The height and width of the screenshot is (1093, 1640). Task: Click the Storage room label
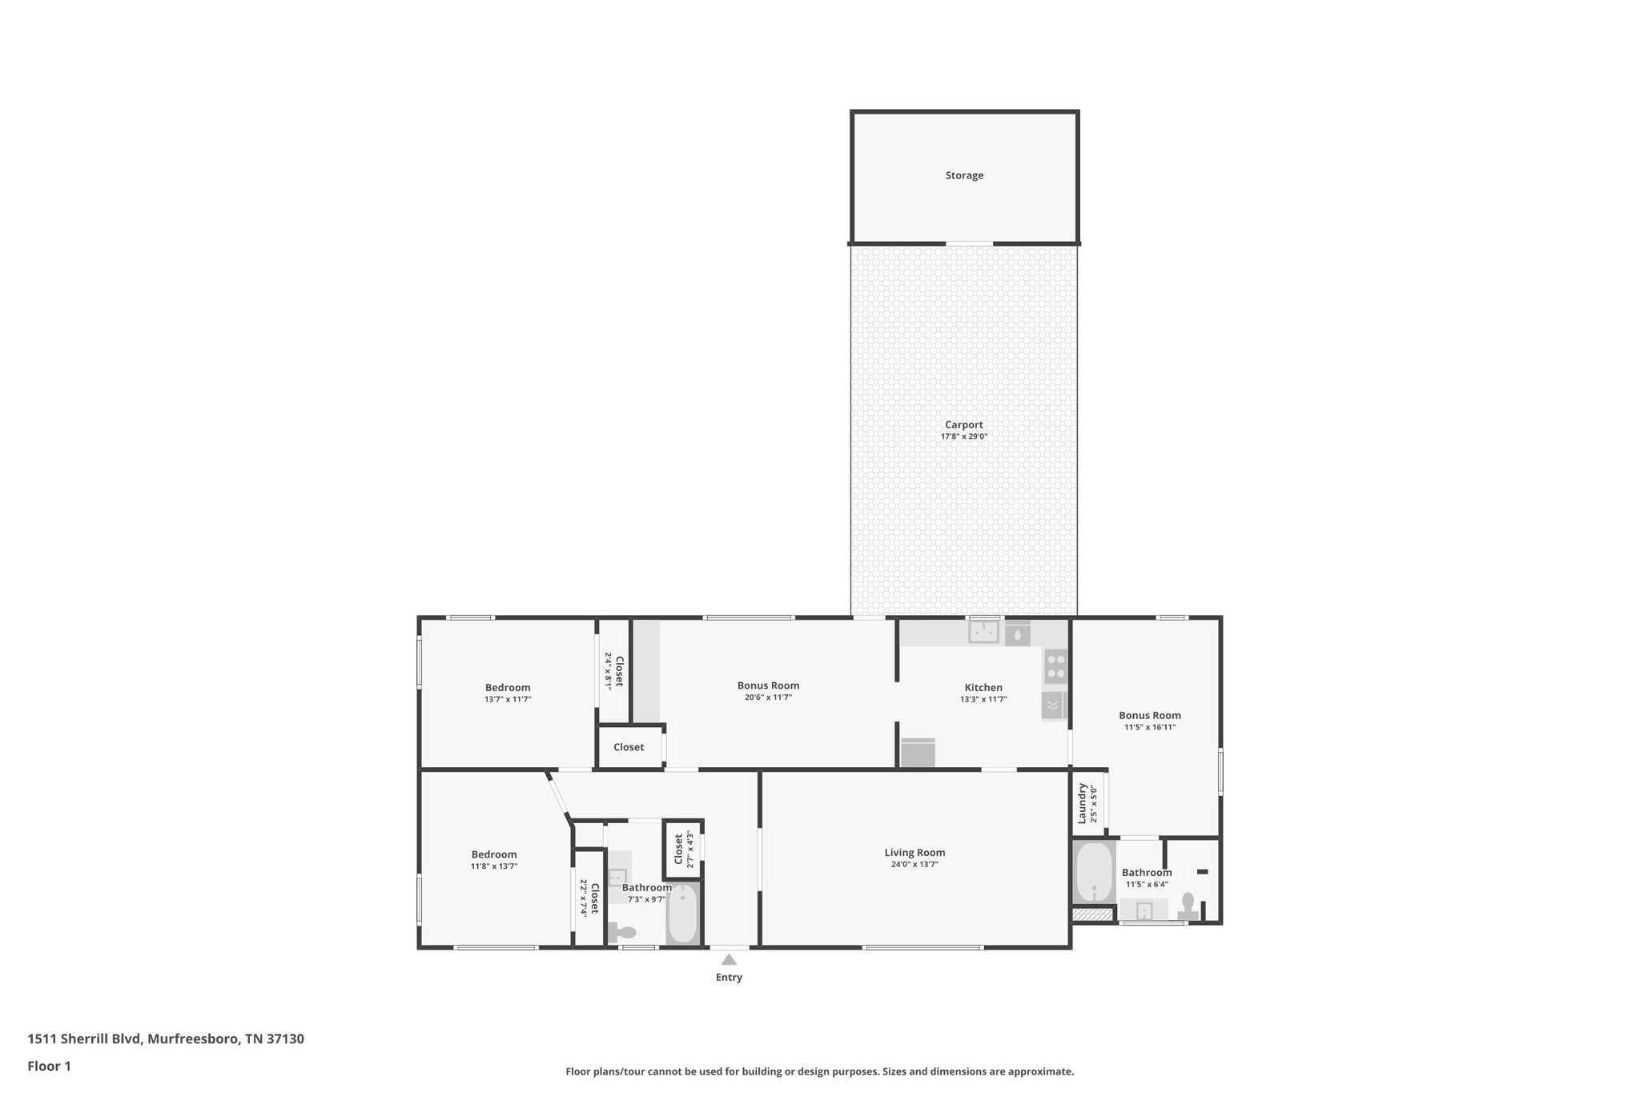pos(964,175)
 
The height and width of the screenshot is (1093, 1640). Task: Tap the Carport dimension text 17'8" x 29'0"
pos(963,437)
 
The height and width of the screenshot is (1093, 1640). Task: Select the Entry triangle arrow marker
pos(729,959)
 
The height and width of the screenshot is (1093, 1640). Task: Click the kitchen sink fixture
pos(983,633)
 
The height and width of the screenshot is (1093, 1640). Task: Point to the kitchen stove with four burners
pos(1055,666)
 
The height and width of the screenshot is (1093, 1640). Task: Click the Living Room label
pos(914,853)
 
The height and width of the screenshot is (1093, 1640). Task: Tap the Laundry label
pos(1082,803)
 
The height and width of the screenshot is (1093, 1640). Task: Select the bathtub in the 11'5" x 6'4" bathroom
pos(1093,873)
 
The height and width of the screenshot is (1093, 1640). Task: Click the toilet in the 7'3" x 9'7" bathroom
pos(623,932)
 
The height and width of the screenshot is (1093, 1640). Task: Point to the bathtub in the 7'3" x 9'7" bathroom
pos(683,914)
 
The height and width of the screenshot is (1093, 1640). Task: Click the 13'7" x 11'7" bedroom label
pos(508,688)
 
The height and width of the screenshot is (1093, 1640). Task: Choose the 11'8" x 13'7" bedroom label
pos(494,855)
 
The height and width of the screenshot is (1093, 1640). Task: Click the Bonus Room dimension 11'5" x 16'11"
pos(1150,728)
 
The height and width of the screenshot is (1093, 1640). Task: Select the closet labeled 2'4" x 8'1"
pos(613,671)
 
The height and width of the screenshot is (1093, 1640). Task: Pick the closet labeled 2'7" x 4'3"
pos(683,849)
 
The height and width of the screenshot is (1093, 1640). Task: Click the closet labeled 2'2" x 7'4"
pos(589,898)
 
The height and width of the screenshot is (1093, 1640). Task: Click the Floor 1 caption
pos(50,1066)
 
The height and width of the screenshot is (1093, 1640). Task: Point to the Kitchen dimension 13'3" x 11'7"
pos(983,699)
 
